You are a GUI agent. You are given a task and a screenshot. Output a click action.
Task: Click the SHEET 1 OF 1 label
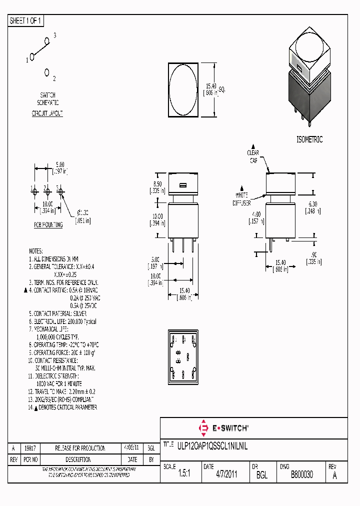[x=26, y=20]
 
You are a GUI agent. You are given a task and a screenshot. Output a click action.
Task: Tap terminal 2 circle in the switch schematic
[x=47, y=72]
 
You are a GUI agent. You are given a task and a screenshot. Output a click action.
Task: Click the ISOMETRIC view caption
[x=309, y=139]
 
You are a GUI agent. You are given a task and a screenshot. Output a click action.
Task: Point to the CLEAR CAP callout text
[x=253, y=156]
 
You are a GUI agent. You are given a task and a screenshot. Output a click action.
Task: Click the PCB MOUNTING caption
[x=48, y=225]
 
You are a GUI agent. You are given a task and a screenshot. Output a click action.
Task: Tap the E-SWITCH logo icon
[x=203, y=428]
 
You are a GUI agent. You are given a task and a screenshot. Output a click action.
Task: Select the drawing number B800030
[x=302, y=475]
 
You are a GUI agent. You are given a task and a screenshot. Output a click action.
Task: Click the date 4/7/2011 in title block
[x=227, y=475]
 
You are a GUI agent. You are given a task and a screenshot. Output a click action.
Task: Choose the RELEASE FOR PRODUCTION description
[x=80, y=448]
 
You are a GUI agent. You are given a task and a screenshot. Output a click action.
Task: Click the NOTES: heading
[x=36, y=250]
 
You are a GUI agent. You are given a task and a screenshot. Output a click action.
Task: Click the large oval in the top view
[x=183, y=89]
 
